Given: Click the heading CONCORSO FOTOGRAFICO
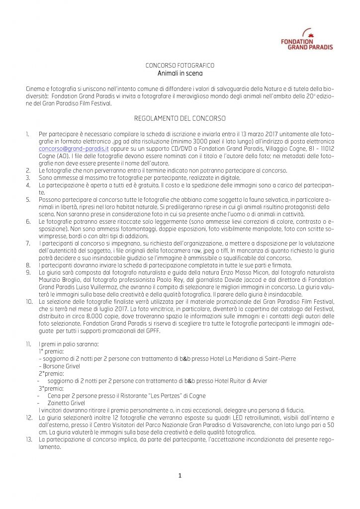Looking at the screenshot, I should [180, 66].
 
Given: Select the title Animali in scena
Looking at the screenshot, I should [180, 73].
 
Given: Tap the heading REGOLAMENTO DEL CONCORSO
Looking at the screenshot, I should [180, 118].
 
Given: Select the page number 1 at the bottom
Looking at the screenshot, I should [180, 476].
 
